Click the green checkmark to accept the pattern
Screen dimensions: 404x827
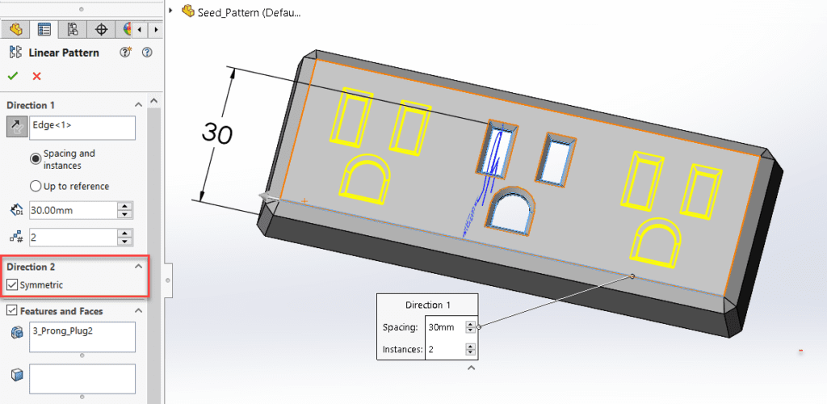12,76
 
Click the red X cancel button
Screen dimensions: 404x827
36,76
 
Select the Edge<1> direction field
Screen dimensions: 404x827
82,127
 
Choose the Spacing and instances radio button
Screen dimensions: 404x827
36,159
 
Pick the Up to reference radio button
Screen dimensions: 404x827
36,186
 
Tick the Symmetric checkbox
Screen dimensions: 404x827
12,284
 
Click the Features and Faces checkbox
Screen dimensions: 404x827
12,311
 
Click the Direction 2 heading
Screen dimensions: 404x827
31,267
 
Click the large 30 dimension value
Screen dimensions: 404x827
216,133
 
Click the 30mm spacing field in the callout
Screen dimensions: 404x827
445,327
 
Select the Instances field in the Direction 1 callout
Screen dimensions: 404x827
445,350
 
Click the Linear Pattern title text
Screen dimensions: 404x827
64,53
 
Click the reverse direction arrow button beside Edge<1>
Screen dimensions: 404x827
15,127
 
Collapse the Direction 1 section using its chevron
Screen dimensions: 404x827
138,105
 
